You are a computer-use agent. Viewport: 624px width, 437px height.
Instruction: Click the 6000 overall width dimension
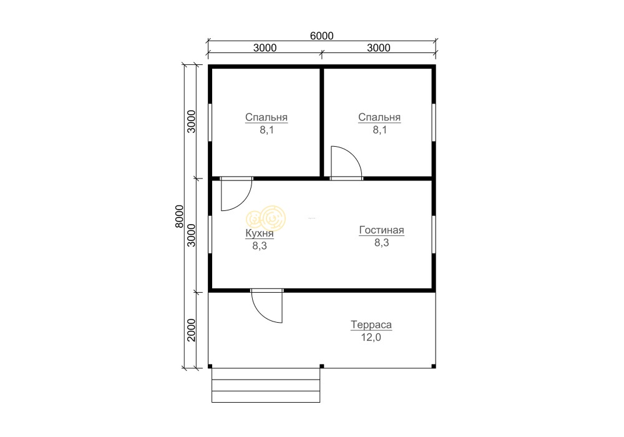coord(321,36)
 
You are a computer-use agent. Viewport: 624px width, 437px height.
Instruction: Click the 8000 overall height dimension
coord(180,217)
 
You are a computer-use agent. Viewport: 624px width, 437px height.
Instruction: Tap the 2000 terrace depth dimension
coord(192,330)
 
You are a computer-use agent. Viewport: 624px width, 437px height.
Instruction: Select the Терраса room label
coord(371,325)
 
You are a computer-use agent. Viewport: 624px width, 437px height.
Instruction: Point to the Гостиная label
coord(381,230)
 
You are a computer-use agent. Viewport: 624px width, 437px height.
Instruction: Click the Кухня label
coord(260,233)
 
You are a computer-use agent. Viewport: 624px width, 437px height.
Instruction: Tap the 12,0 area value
coord(371,338)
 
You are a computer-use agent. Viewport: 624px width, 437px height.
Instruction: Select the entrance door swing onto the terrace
coord(267,307)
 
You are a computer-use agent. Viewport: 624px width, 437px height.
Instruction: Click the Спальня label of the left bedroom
coord(266,117)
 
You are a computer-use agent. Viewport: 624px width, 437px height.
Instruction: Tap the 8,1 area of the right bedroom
coord(379,130)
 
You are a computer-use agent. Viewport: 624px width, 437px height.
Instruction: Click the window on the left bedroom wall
coord(210,122)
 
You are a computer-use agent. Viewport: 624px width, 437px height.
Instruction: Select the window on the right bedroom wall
coord(434,122)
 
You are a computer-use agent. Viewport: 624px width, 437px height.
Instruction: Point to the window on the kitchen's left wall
coord(210,235)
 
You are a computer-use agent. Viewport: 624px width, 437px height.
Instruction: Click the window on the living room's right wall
coord(434,234)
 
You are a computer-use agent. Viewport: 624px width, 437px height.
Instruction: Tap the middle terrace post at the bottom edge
coord(321,366)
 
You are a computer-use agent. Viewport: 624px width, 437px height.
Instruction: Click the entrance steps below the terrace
coord(266,385)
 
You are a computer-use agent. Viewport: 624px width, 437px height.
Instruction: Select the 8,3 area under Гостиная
coord(382,242)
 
